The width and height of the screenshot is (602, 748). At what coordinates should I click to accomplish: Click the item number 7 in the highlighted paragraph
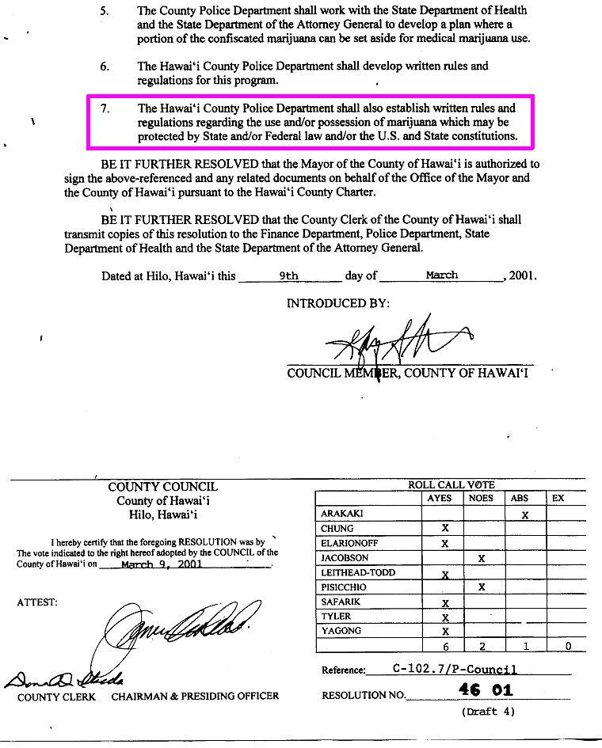105,108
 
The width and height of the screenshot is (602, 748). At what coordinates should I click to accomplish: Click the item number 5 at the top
105,12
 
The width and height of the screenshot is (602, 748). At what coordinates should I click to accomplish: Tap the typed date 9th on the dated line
288,275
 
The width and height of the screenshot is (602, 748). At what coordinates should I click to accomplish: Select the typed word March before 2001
441,275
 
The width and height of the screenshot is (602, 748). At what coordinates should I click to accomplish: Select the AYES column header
440,499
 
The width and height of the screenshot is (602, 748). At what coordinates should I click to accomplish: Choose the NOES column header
481,499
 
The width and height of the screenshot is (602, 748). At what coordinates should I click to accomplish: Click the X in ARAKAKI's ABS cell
525,514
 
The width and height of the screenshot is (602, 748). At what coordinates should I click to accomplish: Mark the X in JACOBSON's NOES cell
482,558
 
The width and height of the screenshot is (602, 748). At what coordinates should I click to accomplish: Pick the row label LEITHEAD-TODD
357,572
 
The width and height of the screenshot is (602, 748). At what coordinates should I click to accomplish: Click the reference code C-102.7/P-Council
455,668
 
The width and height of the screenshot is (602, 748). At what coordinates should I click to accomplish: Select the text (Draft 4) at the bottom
488,711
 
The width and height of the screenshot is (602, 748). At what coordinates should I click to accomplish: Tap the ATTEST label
36,602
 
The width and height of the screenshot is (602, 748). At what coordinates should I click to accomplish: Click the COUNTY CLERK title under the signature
56,697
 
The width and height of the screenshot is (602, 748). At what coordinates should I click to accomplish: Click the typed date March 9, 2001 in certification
162,565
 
